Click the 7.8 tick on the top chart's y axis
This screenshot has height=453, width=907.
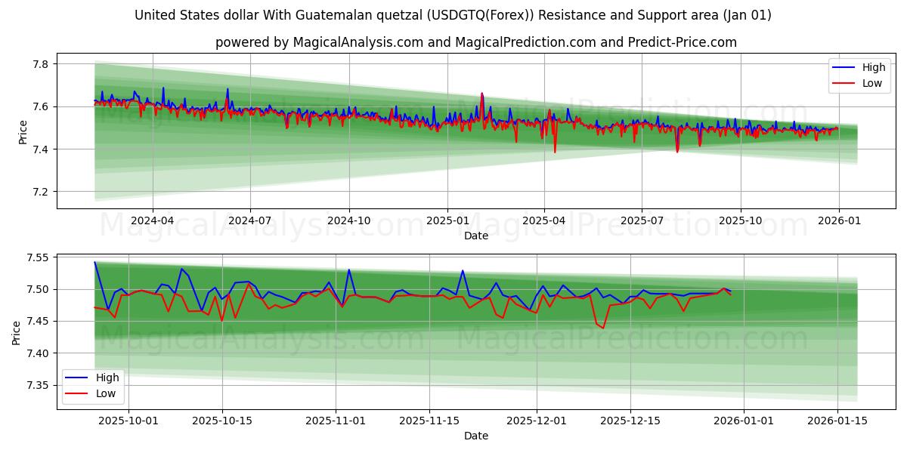(39, 64)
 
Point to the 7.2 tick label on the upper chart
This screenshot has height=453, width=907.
(39, 192)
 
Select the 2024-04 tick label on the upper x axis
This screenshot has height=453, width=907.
(153, 221)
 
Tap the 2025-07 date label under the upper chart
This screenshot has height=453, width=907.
(642, 221)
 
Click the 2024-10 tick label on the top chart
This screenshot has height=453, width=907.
(348, 221)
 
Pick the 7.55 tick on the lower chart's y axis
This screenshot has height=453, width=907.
(36, 257)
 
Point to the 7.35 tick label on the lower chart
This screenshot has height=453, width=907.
(36, 386)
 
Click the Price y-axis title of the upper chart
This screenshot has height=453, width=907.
(23, 131)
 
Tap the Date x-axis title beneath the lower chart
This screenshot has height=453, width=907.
(476, 436)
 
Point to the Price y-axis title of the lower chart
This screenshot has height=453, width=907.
(17, 332)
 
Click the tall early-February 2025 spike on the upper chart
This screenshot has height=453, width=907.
(482, 95)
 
